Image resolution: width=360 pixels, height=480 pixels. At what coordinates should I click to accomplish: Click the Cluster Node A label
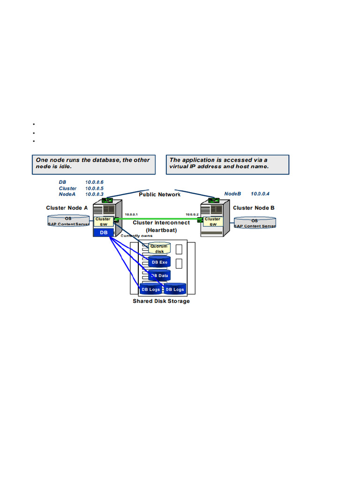click(x=67, y=208)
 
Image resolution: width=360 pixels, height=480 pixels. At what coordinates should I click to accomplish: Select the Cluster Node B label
click(x=254, y=208)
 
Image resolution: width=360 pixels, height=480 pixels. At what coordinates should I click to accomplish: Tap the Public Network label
click(x=159, y=195)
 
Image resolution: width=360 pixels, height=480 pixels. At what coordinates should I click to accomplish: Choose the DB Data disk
click(x=159, y=276)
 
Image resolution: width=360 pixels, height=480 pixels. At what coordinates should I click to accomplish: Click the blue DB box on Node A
click(x=104, y=232)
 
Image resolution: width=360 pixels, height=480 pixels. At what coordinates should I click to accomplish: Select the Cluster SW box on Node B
click(x=212, y=222)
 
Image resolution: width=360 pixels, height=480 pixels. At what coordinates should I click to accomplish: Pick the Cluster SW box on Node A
click(x=103, y=222)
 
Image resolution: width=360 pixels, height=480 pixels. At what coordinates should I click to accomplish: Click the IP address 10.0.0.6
click(x=94, y=182)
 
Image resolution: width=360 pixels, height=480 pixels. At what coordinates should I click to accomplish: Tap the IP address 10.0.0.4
click(x=260, y=194)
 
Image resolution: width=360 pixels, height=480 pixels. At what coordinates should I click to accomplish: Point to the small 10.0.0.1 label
click(x=131, y=214)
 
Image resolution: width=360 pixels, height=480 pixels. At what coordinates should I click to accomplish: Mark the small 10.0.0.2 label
click(x=192, y=214)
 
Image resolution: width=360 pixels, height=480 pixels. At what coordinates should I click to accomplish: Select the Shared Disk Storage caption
click(x=161, y=301)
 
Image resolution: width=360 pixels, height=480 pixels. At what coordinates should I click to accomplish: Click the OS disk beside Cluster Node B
click(x=255, y=223)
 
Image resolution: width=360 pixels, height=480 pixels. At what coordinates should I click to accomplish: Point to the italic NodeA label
click(x=67, y=194)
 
